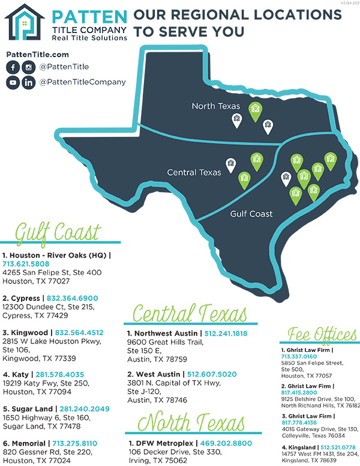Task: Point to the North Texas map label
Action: coord(215,106)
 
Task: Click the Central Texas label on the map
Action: coord(194,172)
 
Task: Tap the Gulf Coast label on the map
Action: coord(251,214)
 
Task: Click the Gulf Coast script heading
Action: coord(58,232)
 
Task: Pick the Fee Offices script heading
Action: coord(322,334)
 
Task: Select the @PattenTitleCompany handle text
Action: coord(83,82)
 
